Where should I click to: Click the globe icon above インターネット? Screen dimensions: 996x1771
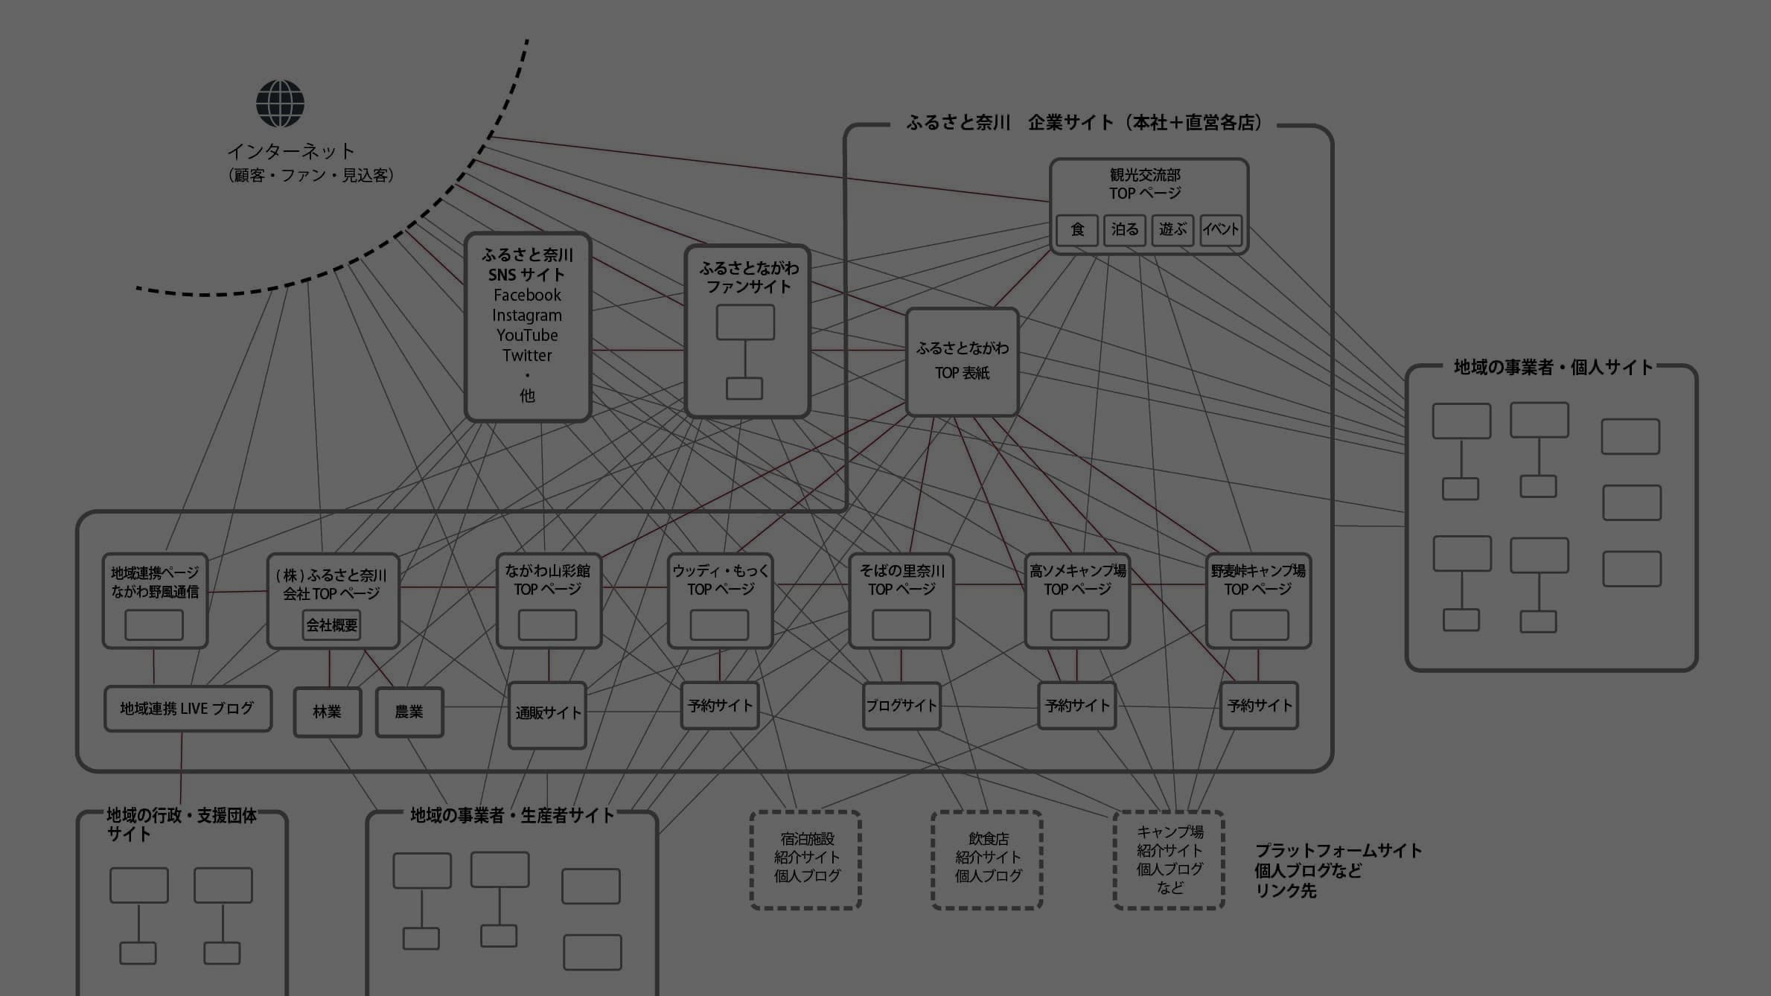(x=280, y=104)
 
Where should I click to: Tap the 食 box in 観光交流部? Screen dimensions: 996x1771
(x=1077, y=230)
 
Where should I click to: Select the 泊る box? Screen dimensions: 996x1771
(x=1124, y=230)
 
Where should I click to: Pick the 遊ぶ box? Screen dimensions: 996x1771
(x=1172, y=230)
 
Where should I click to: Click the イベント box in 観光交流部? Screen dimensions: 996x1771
(x=1221, y=230)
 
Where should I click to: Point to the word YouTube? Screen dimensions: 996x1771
(x=527, y=336)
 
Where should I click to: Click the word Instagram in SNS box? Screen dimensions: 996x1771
(x=527, y=316)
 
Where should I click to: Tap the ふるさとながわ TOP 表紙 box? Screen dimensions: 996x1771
(x=962, y=362)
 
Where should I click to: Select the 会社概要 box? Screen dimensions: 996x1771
(x=332, y=625)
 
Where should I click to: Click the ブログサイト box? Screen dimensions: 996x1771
(x=902, y=706)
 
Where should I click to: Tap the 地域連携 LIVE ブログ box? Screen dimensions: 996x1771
(x=188, y=709)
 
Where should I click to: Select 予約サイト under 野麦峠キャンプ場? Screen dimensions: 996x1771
(x=1259, y=706)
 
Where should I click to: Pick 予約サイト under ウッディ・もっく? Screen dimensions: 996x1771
(x=720, y=706)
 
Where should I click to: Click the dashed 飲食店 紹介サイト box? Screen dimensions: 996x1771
(x=987, y=859)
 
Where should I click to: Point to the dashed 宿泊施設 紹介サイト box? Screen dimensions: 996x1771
(x=806, y=859)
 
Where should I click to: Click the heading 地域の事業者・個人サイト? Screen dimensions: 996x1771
(x=1553, y=368)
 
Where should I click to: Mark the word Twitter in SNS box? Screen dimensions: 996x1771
(x=527, y=356)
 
